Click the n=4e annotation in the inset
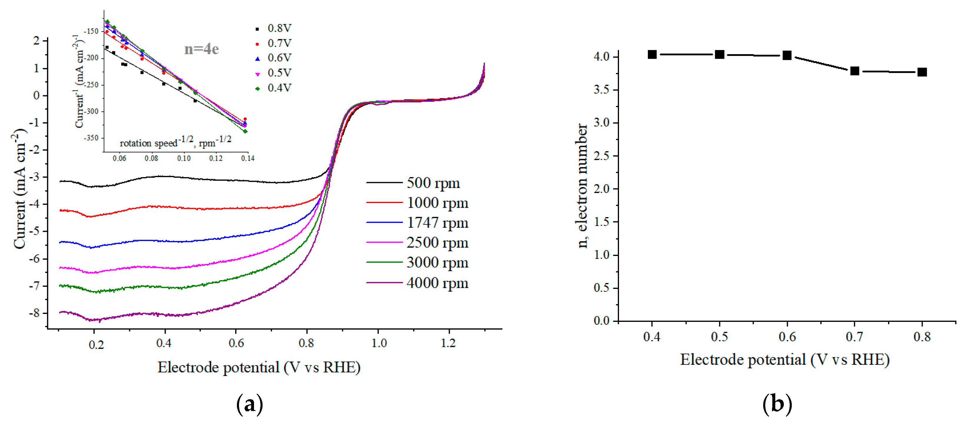[201, 49]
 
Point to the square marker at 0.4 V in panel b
[652, 54]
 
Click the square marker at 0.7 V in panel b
[855, 71]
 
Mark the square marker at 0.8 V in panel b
[922, 72]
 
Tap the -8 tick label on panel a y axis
[35, 313]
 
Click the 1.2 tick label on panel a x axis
[448, 343]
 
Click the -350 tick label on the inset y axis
[91, 138]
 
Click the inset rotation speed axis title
[175, 142]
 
